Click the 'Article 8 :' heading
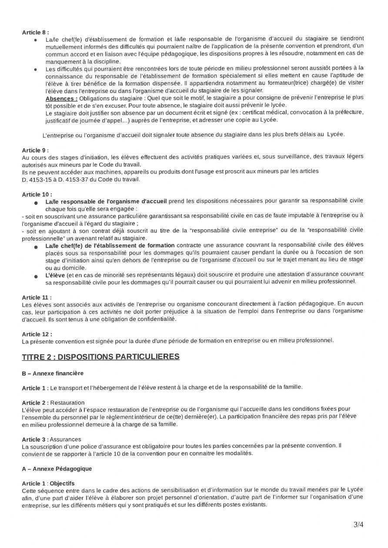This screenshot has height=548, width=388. pos(35,32)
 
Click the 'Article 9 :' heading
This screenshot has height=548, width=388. pos(35,150)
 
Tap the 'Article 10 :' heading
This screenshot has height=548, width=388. pos(37,194)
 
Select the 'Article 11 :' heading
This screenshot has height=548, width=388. pos(37,297)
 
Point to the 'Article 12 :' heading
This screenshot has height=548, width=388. pos(37,334)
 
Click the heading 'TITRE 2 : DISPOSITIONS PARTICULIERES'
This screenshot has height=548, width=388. pos(100,357)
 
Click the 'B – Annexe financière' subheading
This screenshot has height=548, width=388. pos(53,373)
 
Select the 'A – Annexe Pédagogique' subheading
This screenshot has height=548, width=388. pos(57,469)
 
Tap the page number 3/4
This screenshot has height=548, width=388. pos(358,524)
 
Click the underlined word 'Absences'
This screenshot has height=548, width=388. pos(61,99)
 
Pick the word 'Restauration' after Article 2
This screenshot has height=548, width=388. pos(67,403)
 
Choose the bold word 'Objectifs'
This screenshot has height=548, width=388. pos(62,483)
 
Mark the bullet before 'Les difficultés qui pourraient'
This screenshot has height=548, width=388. pos(35,69)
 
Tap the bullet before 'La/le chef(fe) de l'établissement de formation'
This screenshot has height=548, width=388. pos(35,247)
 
